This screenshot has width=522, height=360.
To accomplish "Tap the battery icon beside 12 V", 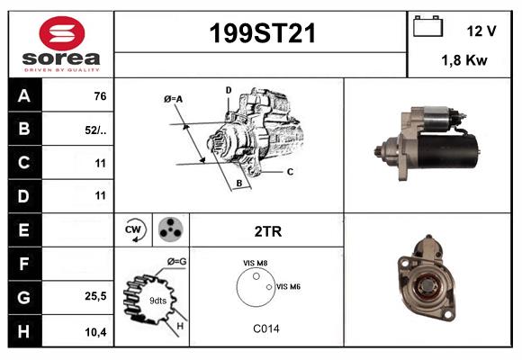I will coord(427,28).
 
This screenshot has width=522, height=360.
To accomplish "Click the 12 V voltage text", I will coord(481,31).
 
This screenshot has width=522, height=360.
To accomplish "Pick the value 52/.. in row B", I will coord(94,130).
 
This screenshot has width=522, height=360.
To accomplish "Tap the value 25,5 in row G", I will coord(95,295).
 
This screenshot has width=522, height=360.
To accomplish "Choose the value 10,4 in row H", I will coord(95,332).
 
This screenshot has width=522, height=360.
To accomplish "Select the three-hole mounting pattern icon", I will coord(170,230).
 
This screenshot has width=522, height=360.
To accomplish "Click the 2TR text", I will coord(267,231).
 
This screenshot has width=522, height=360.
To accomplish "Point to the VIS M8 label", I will coord(256,263).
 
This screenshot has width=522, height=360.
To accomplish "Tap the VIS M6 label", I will coord(288,286).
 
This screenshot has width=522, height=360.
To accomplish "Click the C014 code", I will coord(265,328).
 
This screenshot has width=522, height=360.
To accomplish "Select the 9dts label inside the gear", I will coord(157,300).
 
